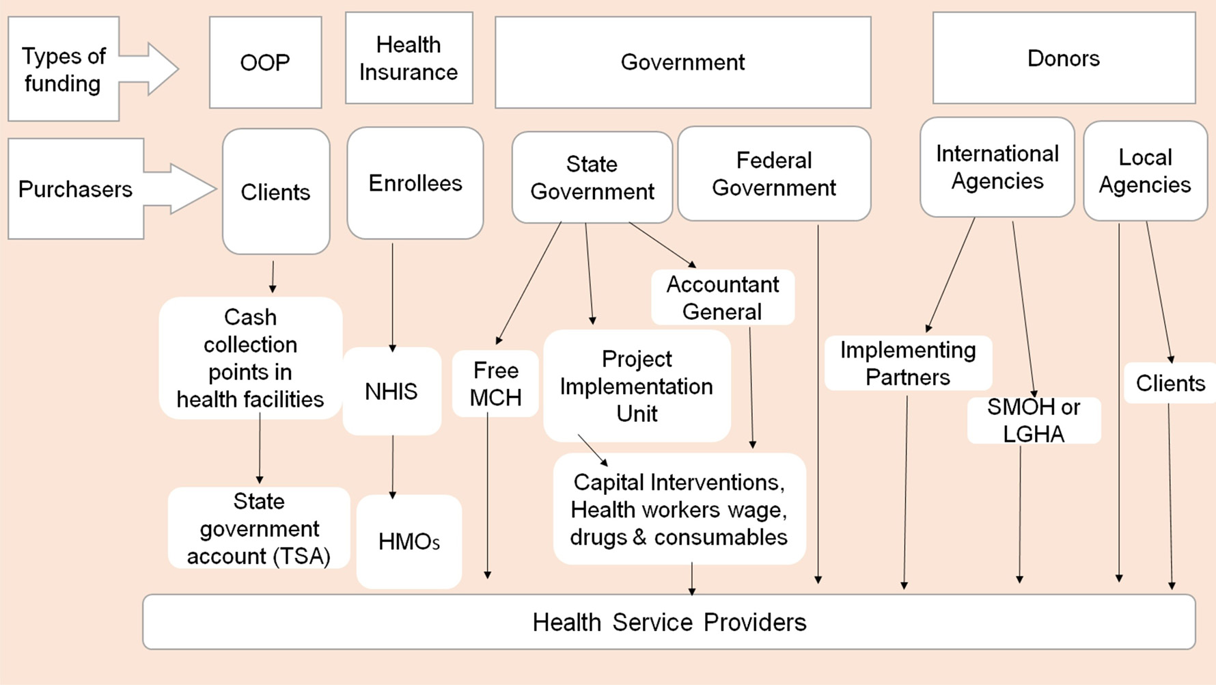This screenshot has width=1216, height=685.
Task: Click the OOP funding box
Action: (x=265, y=62)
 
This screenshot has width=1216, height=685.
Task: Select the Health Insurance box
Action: (x=409, y=58)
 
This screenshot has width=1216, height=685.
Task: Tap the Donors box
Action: (x=1063, y=58)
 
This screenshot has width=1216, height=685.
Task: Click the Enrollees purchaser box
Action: (x=415, y=183)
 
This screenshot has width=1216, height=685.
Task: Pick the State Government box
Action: (x=592, y=178)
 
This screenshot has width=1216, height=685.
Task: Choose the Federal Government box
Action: (x=774, y=174)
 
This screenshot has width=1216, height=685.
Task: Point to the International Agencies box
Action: (x=997, y=167)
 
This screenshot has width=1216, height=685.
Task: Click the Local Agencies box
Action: (x=1145, y=171)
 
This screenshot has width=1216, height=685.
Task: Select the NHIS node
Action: (x=391, y=391)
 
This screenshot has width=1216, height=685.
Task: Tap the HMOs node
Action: (x=409, y=541)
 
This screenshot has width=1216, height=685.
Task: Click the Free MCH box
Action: (x=495, y=384)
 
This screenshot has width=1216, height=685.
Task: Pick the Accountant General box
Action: (x=722, y=298)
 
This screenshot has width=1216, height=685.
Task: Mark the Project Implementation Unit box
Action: (x=637, y=386)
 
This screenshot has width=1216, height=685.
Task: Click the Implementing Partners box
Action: (x=907, y=364)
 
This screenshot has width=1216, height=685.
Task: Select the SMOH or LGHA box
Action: (x=1033, y=420)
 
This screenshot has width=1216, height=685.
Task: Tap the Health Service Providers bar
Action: (x=669, y=622)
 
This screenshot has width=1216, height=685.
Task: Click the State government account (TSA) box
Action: (x=259, y=528)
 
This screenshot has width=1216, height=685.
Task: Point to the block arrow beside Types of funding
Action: (x=154, y=69)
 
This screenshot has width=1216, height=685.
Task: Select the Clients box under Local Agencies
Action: (x=1170, y=384)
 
